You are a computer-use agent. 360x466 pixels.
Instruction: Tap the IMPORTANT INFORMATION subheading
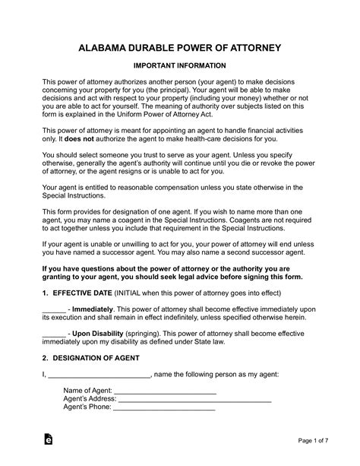tap(180, 67)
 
